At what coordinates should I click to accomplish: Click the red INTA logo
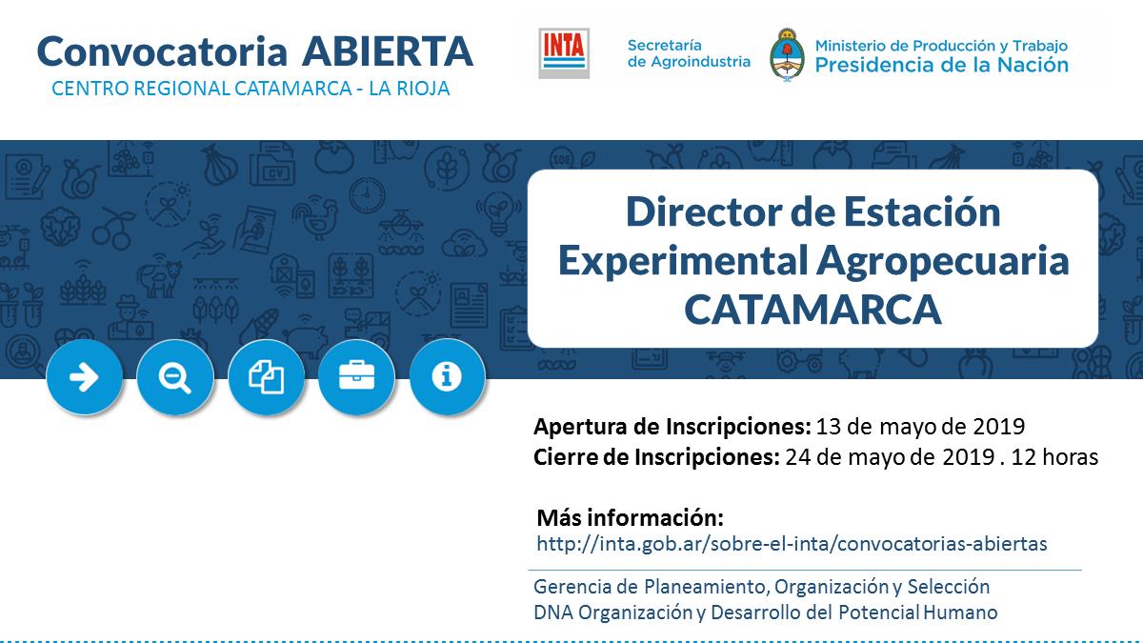click(x=564, y=53)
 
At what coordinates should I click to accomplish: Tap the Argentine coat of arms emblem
click(x=787, y=55)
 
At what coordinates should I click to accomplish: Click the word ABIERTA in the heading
click(x=388, y=51)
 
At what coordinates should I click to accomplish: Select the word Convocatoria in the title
click(x=162, y=51)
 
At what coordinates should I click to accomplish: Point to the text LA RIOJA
click(x=410, y=89)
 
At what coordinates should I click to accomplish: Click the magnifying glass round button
click(x=175, y=377)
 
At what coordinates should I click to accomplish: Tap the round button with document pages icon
click(x=266, y=377)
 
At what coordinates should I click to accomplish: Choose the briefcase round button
click(x=356, y=377)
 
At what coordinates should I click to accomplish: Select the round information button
click(x=447, y=377)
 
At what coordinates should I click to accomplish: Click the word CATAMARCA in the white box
click(x=812, y=310)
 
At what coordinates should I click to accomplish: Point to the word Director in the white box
click(x=705, y=211)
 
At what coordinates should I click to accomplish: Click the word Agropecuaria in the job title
click(x=942, y=261)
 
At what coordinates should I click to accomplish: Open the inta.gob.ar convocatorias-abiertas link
click(x=792, y=544)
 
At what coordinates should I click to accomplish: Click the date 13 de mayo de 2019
click(x=920, y=427)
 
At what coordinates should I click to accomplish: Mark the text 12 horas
click(x=1054, y=456)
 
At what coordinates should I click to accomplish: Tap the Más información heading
click(x=631, y=517)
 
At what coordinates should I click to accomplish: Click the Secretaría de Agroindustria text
click(x=689, y=53)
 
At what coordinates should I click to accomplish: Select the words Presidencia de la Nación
click(x=941, y=66)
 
